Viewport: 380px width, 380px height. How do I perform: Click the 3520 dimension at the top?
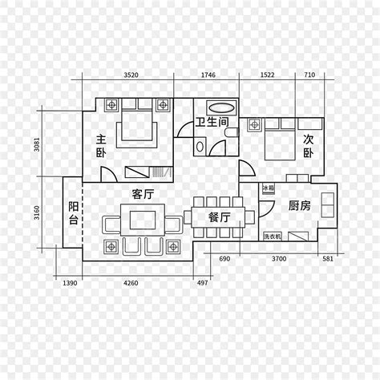131,75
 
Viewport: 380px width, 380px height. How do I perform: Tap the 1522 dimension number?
267,75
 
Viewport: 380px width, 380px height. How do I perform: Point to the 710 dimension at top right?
309,75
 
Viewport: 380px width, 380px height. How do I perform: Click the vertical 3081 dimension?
37,145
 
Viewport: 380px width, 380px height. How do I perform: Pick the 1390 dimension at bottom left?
70,283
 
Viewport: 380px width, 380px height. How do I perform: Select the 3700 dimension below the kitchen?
278,260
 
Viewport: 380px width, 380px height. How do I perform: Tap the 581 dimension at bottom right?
328,260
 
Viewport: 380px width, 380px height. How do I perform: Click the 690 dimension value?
224,260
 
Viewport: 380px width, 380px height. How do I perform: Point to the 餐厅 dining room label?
219,217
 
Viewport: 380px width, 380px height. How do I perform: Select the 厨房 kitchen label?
300,205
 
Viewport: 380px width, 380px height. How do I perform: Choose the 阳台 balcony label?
73,212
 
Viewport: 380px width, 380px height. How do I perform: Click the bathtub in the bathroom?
221,107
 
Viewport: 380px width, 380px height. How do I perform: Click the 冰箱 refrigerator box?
267,188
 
